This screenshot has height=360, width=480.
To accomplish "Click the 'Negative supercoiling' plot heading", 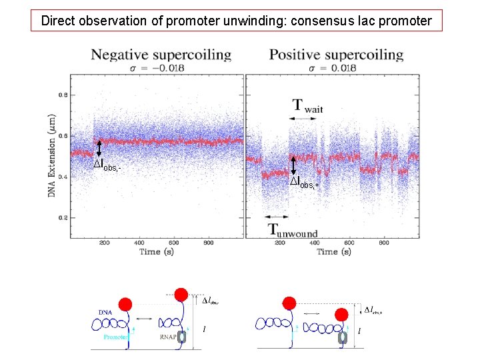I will point(161,55).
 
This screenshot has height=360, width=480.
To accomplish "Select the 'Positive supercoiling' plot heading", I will point(336,55).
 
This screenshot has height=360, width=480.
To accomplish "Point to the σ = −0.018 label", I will point(161,67).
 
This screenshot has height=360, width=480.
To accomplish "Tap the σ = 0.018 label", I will point(336,67).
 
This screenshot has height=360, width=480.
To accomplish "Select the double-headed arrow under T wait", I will point(303,119).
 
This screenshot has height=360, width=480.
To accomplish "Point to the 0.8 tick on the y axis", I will point(63,95).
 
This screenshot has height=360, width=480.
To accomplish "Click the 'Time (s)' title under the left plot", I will point(159,251).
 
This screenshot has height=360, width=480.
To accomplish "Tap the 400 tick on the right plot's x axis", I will point(314,243).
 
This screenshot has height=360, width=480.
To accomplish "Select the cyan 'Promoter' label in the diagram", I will point(117,338).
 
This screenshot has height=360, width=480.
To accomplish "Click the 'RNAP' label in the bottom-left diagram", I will point(169,338).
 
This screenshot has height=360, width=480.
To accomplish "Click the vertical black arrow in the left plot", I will point(99,147).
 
